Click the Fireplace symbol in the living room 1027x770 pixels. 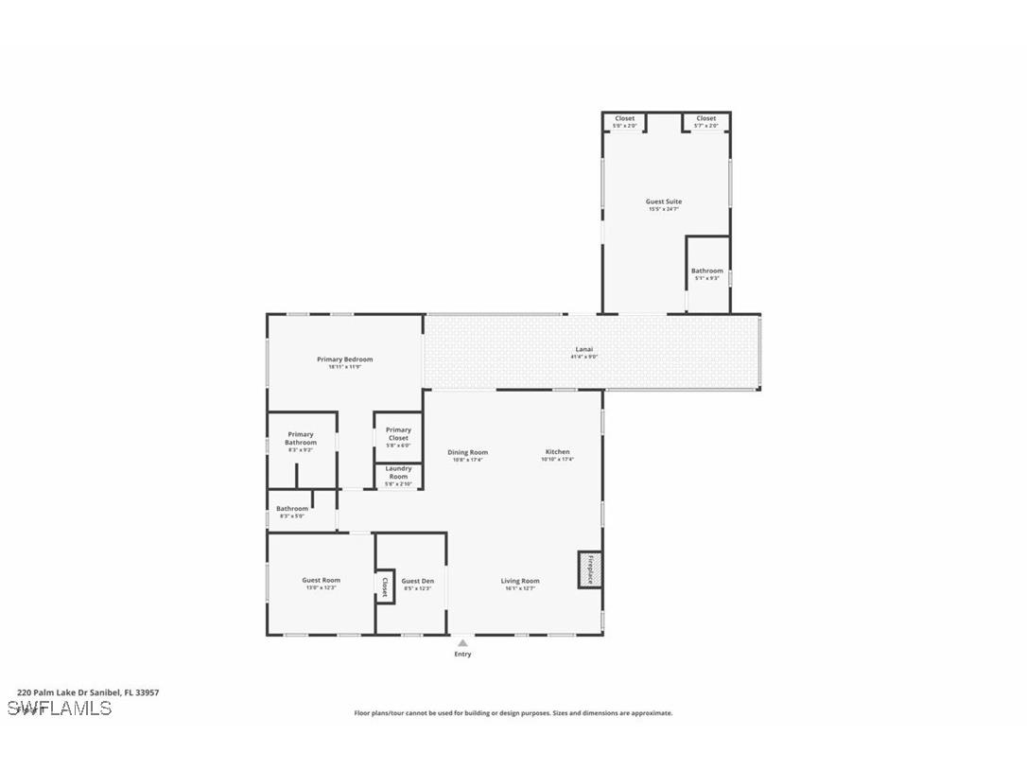589,569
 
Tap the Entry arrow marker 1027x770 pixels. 462,643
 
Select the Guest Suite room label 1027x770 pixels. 664,201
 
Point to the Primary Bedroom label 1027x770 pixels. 344,359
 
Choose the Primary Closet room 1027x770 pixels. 398,434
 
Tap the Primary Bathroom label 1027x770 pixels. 301,439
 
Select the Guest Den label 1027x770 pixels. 417,582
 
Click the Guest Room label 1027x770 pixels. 321,581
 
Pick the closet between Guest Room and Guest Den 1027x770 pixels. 385,586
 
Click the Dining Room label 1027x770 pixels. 467,452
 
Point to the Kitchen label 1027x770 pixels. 558,452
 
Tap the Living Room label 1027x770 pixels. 520,581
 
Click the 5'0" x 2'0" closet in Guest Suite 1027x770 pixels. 624,121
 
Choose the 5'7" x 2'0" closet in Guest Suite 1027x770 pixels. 706,121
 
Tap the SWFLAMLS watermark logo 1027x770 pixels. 60,709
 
